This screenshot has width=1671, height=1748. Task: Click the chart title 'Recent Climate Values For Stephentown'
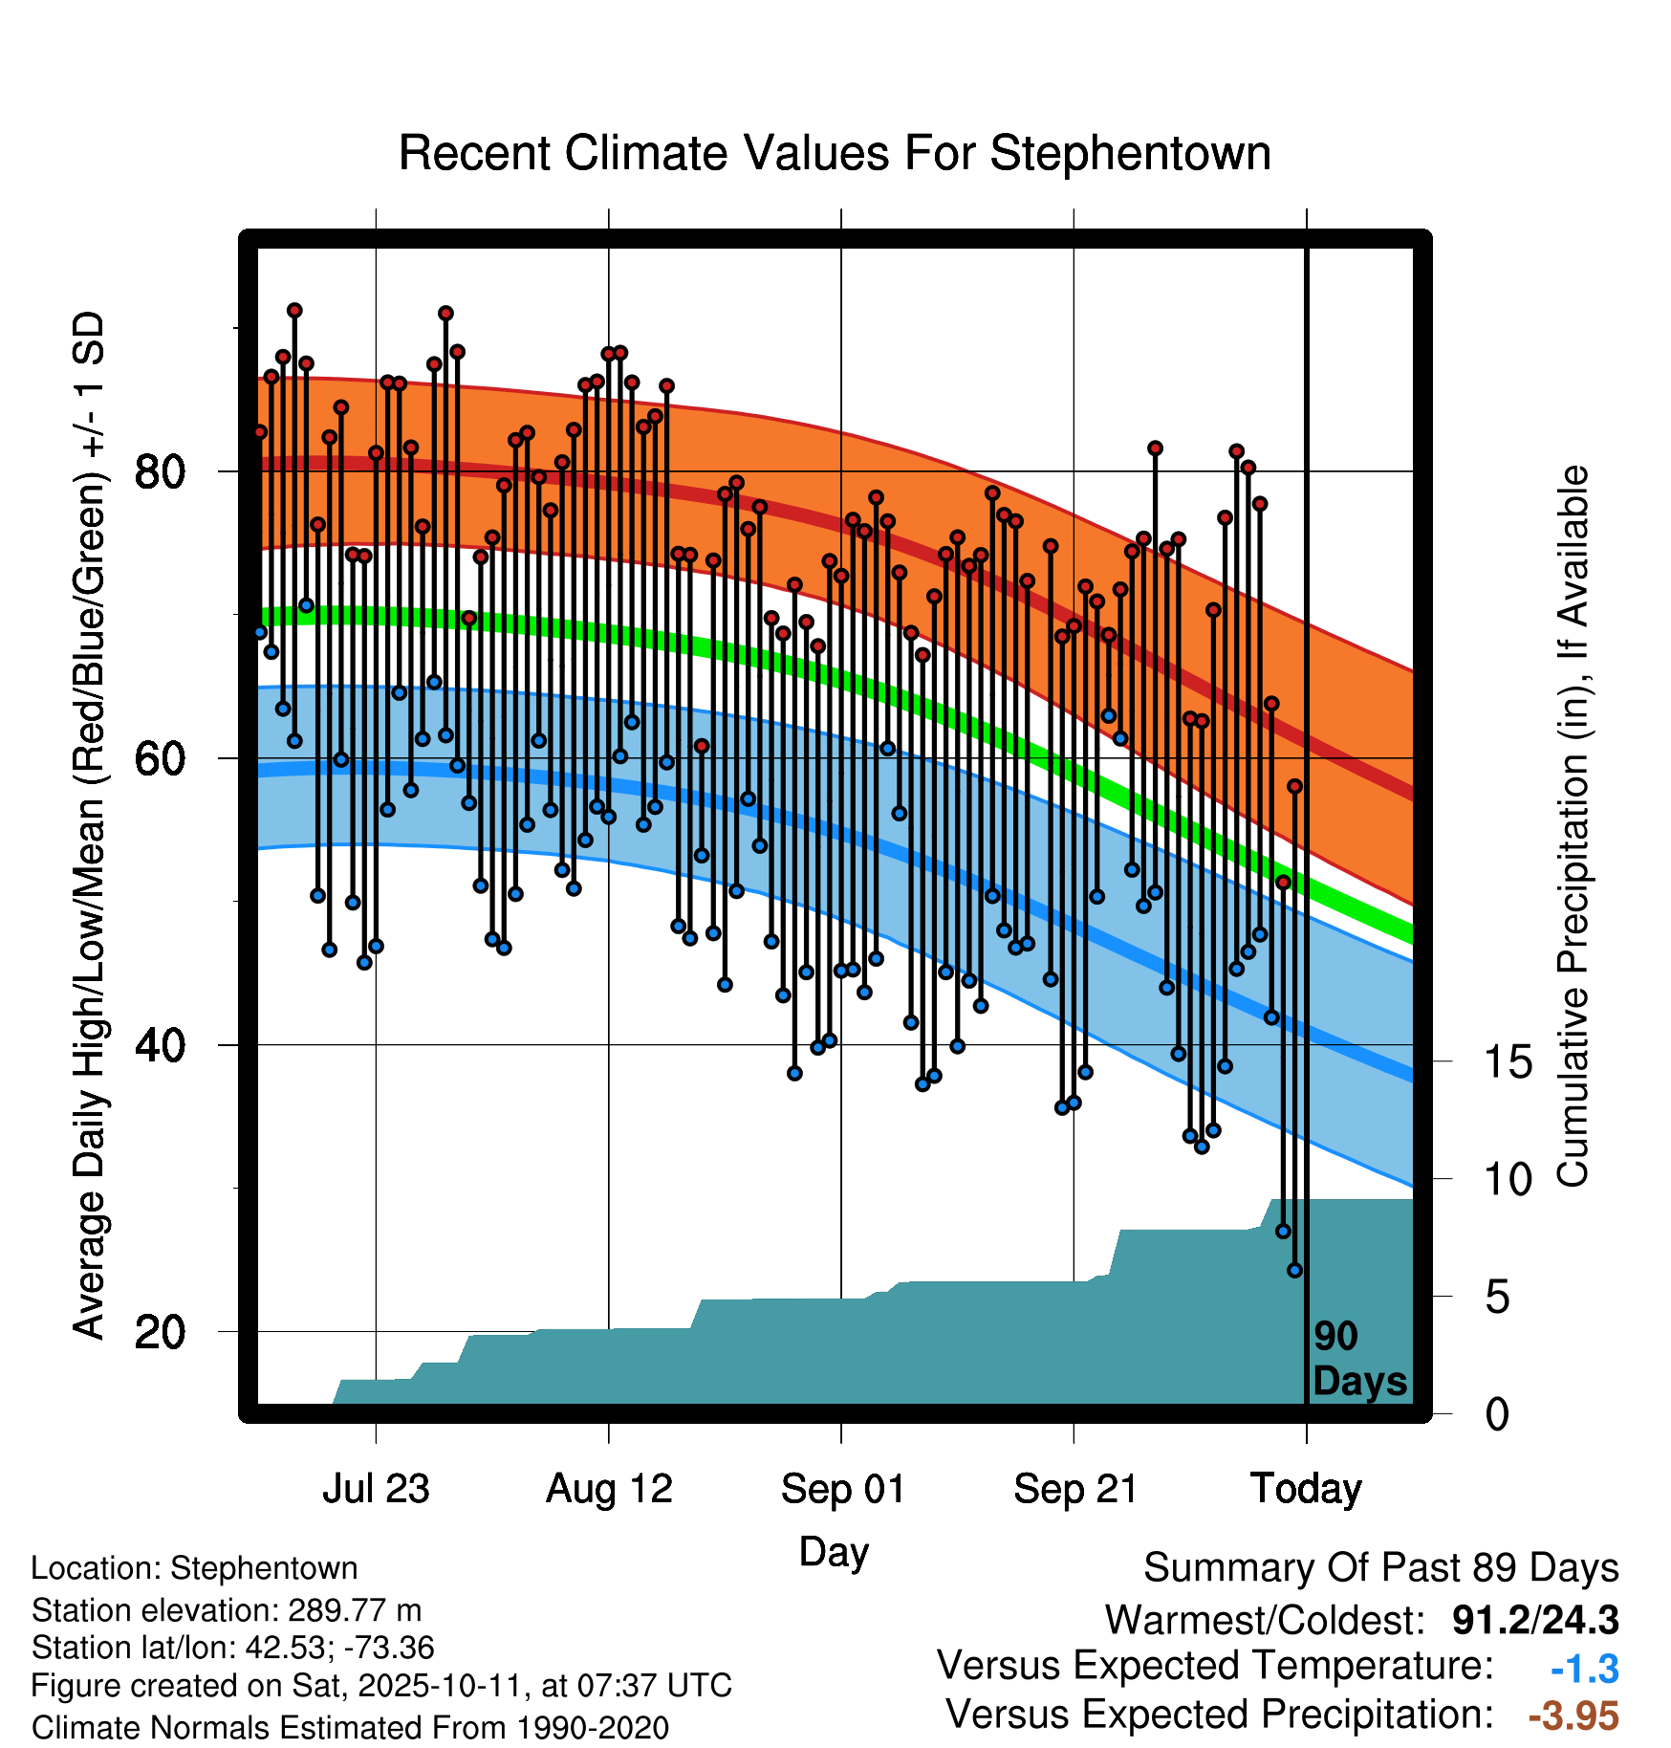[834, 154]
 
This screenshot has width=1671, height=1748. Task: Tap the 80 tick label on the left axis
[160, 471]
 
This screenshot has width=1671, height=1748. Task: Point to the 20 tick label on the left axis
[160, 1331]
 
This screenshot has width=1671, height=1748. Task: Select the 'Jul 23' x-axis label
[376, 1489]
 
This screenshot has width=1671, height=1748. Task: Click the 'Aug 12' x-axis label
[609, 1489]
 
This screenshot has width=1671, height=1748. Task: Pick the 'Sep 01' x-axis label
[842, 1489]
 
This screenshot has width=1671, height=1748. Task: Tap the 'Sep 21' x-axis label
[1074, 1489]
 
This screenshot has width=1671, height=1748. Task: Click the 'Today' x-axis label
[1306, 1489]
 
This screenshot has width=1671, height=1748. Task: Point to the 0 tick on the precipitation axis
[1498, 1414]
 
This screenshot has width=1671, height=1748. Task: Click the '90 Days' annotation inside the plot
[1358, 1359]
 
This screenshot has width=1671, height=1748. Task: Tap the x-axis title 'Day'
[834, 1552]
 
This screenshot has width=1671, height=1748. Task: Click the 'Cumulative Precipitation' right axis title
[1573, 827]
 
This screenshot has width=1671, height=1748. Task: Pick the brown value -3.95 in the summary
[1573, 1716]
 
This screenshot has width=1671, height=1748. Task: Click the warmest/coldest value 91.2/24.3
[1535, 1620]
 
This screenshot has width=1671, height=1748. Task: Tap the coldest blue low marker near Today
[1295, 1270]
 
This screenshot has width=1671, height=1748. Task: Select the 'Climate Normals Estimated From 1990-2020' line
[350, 1728]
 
